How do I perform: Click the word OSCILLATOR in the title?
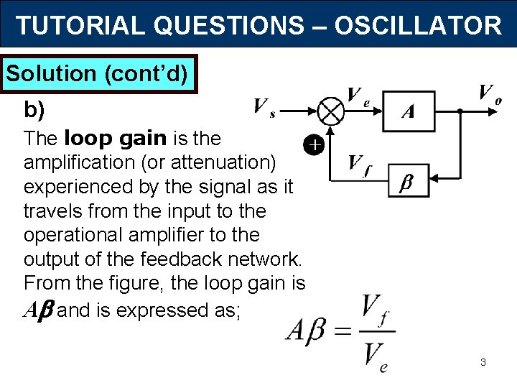pos(418,26)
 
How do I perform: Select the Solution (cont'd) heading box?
pos(101,73)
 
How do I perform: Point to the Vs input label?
pos(265,108)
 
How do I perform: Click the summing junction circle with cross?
pos(331,111)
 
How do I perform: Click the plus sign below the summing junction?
pos(314,146)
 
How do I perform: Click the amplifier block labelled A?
pos(408,111)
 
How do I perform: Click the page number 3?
pos(483,362)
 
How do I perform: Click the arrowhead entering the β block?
pos(434,178)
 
